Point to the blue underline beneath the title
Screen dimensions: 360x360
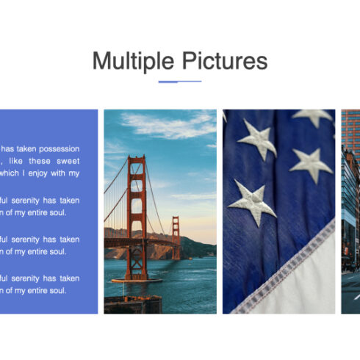179,82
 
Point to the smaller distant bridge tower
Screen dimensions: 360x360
175,237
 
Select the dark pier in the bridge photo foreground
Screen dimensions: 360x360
132,303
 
